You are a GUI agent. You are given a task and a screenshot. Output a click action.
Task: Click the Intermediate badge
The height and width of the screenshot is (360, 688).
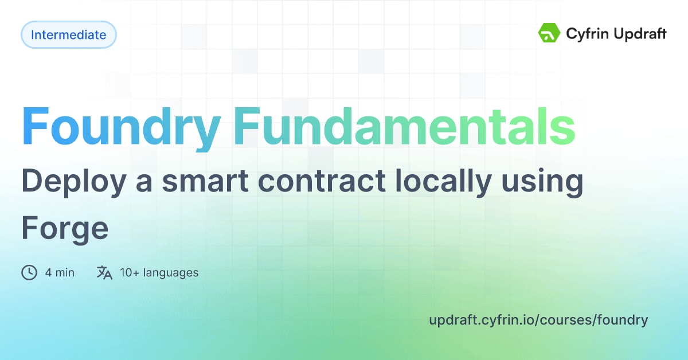click(x=68, y=34)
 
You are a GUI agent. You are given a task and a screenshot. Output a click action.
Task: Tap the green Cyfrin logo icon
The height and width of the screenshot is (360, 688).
click(x=549, y=33)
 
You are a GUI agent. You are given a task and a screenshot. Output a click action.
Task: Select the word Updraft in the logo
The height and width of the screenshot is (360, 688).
click(x=639, y=34)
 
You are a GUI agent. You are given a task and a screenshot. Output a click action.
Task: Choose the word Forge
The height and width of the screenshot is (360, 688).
click(x=65, y=229)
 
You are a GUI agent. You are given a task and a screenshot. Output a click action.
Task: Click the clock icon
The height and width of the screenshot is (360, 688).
click(x=29, y=272)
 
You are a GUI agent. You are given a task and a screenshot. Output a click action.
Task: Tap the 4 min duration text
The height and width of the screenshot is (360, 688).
click(x=60, y=272)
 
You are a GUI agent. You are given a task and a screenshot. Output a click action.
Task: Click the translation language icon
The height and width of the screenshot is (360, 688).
click(x=104, y=272)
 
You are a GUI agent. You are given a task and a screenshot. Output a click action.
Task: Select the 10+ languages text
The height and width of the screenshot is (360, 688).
click(x=159, y=272)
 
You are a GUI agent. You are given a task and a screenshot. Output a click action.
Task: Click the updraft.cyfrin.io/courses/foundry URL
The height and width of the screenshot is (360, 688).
click(x=538, y=320)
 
